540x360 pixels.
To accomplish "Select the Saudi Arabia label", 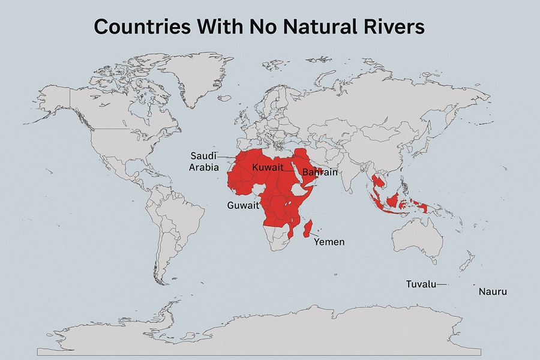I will [x=203, y=161].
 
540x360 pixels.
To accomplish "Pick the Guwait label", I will [x=243, y=205].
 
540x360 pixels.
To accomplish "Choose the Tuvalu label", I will [x=421, y=284].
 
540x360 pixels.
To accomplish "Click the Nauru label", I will [x=493, y=292].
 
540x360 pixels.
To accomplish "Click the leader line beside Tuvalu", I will [x=442, y=284].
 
